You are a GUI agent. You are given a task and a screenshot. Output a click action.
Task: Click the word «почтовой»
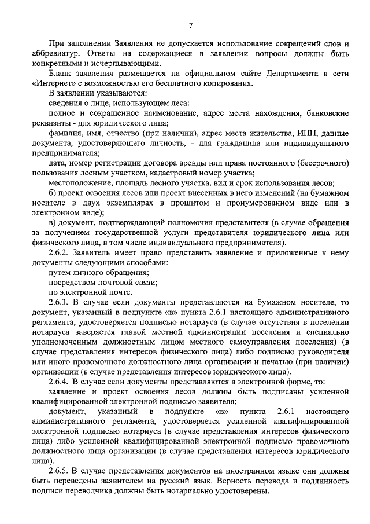pos(114,283)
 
